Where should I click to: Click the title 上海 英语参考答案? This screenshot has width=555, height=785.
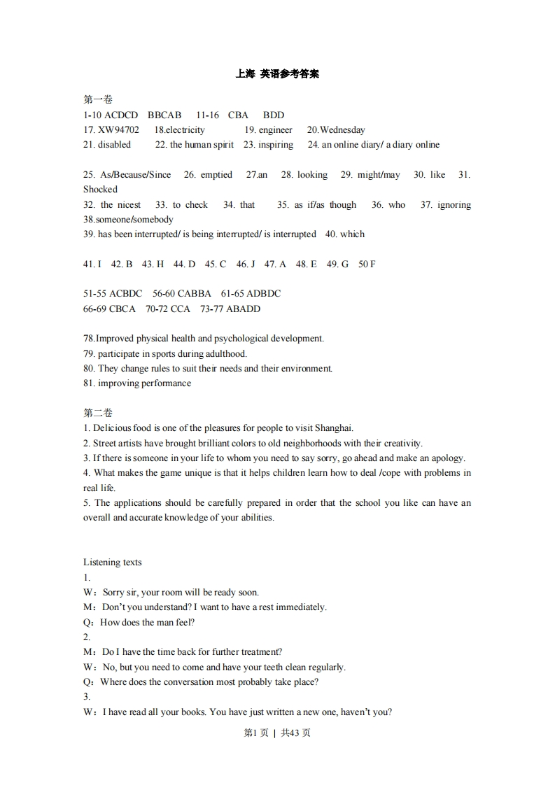point(277,73)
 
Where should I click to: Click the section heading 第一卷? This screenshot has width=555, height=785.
point(97,100)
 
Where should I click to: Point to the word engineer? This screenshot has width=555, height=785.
point(275,130)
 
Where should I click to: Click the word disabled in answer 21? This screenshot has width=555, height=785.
point(114,145)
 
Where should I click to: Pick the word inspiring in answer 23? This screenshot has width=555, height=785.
point(276,145)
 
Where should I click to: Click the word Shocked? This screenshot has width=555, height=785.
point(100,190)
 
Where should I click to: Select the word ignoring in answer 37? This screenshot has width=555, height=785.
point(454,205)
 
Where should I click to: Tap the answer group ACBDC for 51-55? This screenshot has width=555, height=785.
point(126,294)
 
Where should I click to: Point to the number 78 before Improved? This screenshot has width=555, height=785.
point(88,339)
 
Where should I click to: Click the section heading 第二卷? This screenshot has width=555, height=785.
point(97,413)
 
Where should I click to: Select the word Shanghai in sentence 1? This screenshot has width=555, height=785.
point(333,428)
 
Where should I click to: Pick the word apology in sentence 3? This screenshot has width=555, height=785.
point(447,458)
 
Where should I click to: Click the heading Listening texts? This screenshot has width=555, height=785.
point(112,563)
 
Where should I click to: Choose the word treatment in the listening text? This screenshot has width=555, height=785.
point(258,652)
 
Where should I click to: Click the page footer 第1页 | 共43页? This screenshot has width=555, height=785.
point(277,733)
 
